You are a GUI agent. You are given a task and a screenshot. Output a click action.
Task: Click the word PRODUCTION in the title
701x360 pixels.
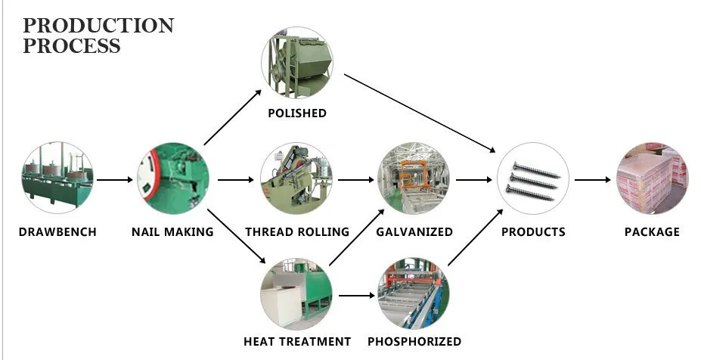(x=98, y=25)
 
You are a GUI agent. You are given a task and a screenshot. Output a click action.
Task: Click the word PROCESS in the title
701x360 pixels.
(x=72, y=45)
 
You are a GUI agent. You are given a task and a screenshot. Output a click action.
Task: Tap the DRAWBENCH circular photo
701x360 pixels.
(x=57, y=179)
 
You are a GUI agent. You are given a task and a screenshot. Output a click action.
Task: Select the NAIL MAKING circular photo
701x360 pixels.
(x=173, y=179)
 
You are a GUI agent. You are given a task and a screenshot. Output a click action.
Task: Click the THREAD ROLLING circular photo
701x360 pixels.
(x=296, y=179)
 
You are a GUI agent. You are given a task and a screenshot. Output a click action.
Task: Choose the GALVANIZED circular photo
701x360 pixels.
(x=414, y=179)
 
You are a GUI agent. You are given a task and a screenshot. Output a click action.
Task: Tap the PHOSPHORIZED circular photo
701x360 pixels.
(x=414, y=294)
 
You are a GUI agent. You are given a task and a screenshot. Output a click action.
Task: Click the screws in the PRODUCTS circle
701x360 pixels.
(x=532, y=180)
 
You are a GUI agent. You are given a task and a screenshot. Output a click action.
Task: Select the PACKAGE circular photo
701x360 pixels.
(x=652, y=179)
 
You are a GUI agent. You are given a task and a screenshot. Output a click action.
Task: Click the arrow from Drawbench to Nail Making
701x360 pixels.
(x=115, y=180)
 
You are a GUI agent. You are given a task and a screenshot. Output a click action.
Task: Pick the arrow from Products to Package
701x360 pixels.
(x=592, y=180)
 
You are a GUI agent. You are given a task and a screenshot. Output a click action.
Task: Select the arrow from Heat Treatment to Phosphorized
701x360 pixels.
(x=355, y=295)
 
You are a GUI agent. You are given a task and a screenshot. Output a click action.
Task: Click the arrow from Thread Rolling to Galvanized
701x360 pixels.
(x=355, y=180)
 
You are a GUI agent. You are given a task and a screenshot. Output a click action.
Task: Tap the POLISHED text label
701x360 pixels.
(x=297, y=113)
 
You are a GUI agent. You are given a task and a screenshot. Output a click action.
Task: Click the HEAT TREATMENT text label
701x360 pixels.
(x=297, y=341)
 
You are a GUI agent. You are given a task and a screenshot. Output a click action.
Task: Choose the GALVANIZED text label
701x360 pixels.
(x=414, y=231)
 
